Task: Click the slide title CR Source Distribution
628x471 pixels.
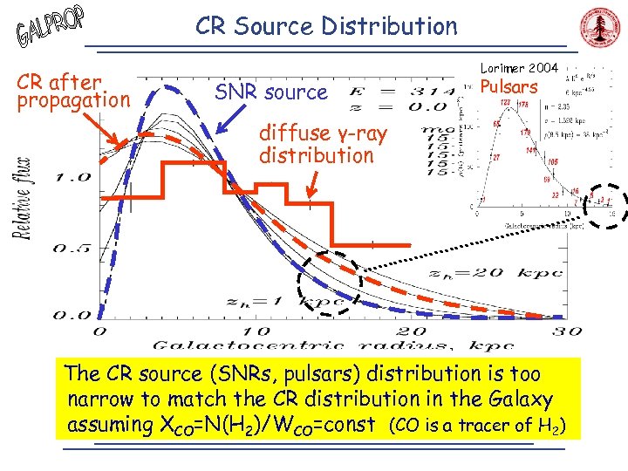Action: pyautogui.click(x=326, y=26)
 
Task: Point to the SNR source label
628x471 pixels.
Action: pyautogui.click(x=271, y=92)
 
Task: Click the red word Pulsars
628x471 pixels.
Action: pyautogui.click(x=510, y=87)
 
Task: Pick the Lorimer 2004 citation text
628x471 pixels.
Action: pyautogui.click(x=520, y=68)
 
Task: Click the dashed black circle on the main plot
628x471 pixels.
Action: pyautogui.click(x=329, y=282)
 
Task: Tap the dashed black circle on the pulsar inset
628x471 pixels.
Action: pyautogui.click(x=601, y=205)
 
